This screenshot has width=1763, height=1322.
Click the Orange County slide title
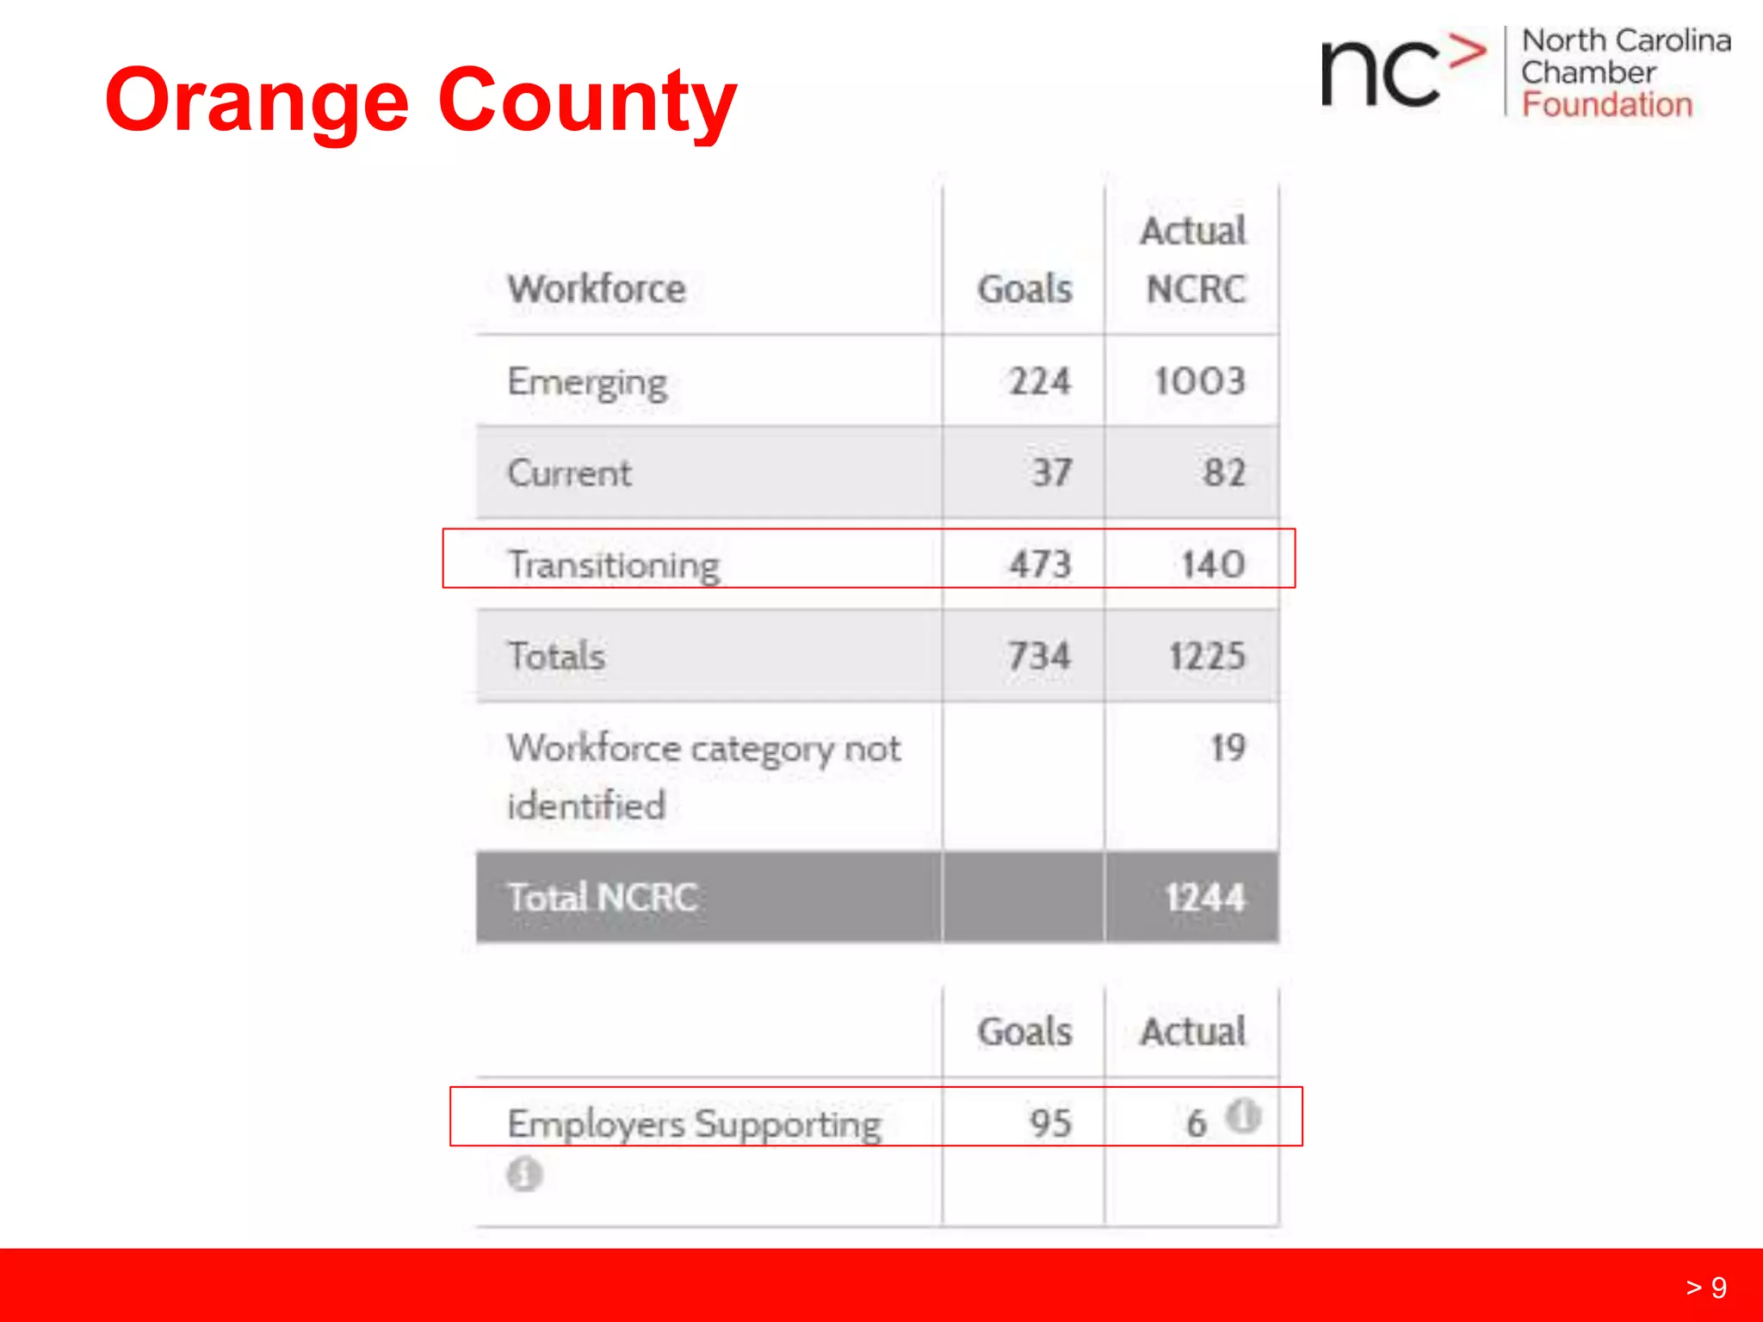(x=420, y=102)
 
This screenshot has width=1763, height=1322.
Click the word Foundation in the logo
(x=1606, y=105)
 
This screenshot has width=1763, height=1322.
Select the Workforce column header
(x=596, y=288)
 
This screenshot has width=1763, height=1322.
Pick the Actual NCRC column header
(x=1194, y=259)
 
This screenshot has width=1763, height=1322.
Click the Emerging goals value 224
(x=1040, y=381)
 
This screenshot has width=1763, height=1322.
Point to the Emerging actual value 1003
(x=1199, y=381)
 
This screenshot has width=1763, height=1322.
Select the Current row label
(x=569, y=473)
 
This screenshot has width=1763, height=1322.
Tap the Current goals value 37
(x=1052, y=473)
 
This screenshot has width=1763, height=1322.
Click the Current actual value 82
(x=1223, y=473)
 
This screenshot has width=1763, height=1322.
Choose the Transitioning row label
(x=613, y=565)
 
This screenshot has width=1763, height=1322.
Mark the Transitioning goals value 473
(x=1040, y=565)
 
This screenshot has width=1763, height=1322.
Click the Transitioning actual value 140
(x=1212, y=565)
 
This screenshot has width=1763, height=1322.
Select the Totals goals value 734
(x=1039, y=656)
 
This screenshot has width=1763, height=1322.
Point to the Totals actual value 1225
(x=1206, y=656)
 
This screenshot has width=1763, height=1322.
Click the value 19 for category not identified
(x=1228, y=747)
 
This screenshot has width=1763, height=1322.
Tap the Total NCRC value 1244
(x=1204, y=898)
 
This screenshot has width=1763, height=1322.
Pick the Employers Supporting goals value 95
(x=1050, y=1122)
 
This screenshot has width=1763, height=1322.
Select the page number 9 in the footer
(x=1718, y=1287)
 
